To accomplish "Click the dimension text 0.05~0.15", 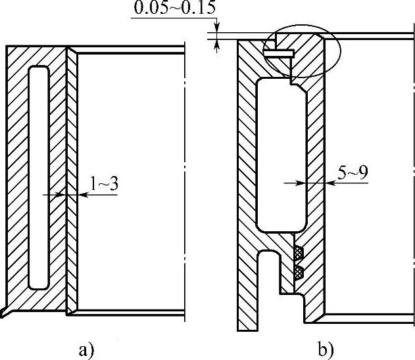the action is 174,8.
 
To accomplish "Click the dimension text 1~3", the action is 105,183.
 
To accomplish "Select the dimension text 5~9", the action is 353,173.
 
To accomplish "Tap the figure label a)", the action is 87,351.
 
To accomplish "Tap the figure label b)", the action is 326,349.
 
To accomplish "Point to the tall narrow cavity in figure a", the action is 39,177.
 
